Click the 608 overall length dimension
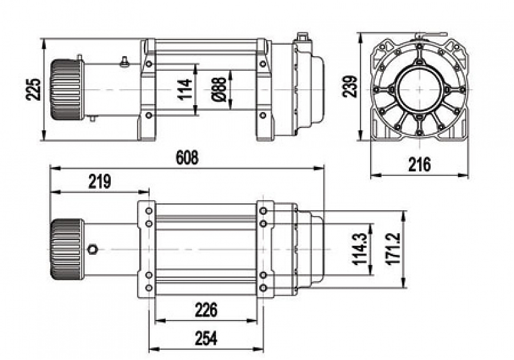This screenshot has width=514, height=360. [187, 158]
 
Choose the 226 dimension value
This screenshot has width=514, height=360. [205, 310]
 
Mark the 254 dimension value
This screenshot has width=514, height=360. [205, 338]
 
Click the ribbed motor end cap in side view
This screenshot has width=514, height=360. [64, 90]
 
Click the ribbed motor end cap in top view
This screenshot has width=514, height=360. [66, 249]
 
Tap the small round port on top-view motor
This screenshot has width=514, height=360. [93, 249]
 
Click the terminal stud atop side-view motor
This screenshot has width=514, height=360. [123, 62]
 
